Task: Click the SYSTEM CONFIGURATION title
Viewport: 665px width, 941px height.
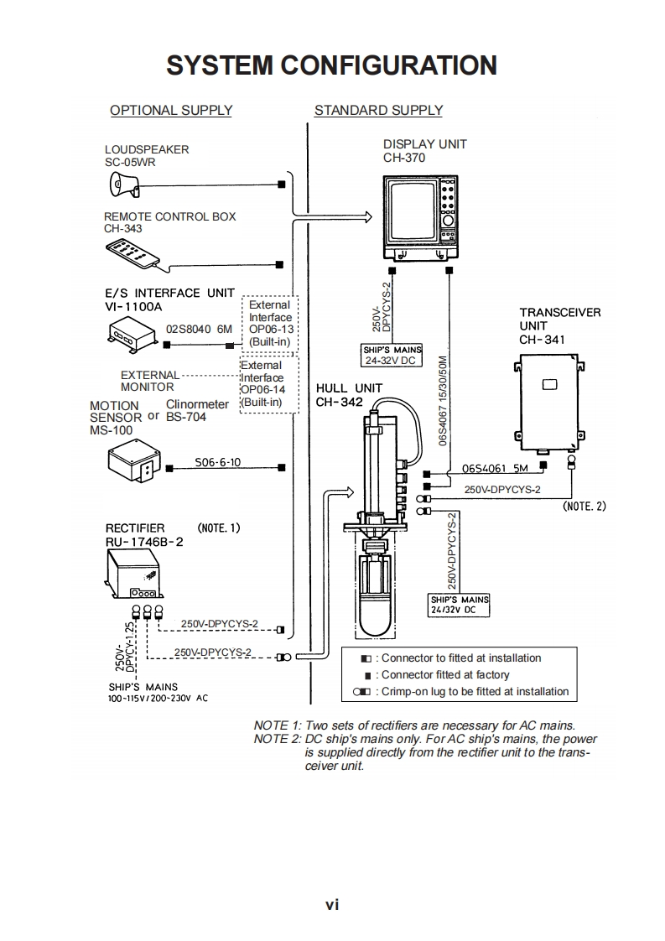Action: coord(331,65)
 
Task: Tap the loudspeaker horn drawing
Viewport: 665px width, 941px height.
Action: coord(124,185)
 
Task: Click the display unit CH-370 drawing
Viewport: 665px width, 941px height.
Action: coord(420,216)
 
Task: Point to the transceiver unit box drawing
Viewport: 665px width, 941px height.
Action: coord(549,402)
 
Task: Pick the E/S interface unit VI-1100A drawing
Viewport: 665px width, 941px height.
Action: coord(132,335)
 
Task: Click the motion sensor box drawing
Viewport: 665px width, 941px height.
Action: coord(134,460)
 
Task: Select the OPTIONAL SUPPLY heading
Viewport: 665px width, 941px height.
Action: coord(171,111)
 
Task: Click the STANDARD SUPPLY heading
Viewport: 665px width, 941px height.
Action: coord(379,111)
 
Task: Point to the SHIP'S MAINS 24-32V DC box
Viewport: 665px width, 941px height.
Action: coord(392,356)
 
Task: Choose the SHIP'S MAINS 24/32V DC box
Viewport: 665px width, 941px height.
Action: coord(460,605)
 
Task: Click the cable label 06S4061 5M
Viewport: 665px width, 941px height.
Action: coord(495,468)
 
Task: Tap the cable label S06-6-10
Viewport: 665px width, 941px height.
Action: coord(217,462)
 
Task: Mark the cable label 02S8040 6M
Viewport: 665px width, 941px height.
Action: coord(200,329)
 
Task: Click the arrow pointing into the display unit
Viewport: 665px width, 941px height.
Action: coord(332,216)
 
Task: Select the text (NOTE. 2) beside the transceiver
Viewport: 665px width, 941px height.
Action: coord(584,506)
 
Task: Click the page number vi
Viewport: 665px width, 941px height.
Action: coord(332,904)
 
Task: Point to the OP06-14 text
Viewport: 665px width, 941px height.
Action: coord(262,389)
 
